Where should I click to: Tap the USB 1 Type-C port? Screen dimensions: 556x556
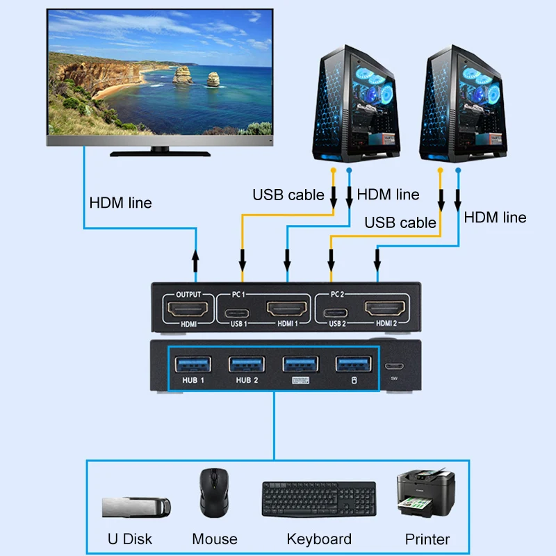pos(238,311)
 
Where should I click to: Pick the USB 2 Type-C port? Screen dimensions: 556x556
pos(336,311)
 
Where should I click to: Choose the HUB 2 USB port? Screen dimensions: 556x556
pos(247,363)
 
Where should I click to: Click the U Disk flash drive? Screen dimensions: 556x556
pos(135,505)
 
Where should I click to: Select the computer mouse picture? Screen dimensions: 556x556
pos(214,492)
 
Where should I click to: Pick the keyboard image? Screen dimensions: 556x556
pos(318,499)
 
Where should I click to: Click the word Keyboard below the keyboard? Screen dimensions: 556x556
pos(319,539)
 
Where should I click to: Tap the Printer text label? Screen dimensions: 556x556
pos(427,539)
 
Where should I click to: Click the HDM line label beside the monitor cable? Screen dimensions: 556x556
pos(120,203)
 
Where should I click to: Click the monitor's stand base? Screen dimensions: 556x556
pos(159,152)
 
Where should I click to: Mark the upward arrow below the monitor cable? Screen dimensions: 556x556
pos(196,261)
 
